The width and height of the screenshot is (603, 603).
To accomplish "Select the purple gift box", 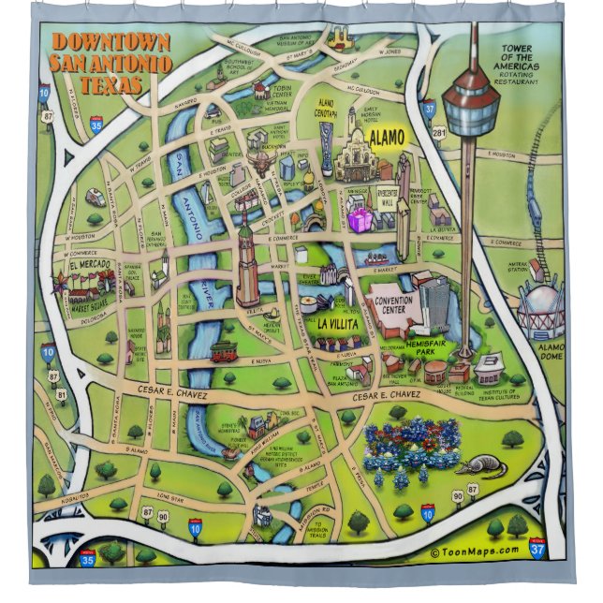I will click(360, 220).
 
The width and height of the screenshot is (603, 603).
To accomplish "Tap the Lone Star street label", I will click(169, 495).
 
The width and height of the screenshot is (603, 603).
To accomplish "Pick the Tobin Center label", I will click(282, 91).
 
